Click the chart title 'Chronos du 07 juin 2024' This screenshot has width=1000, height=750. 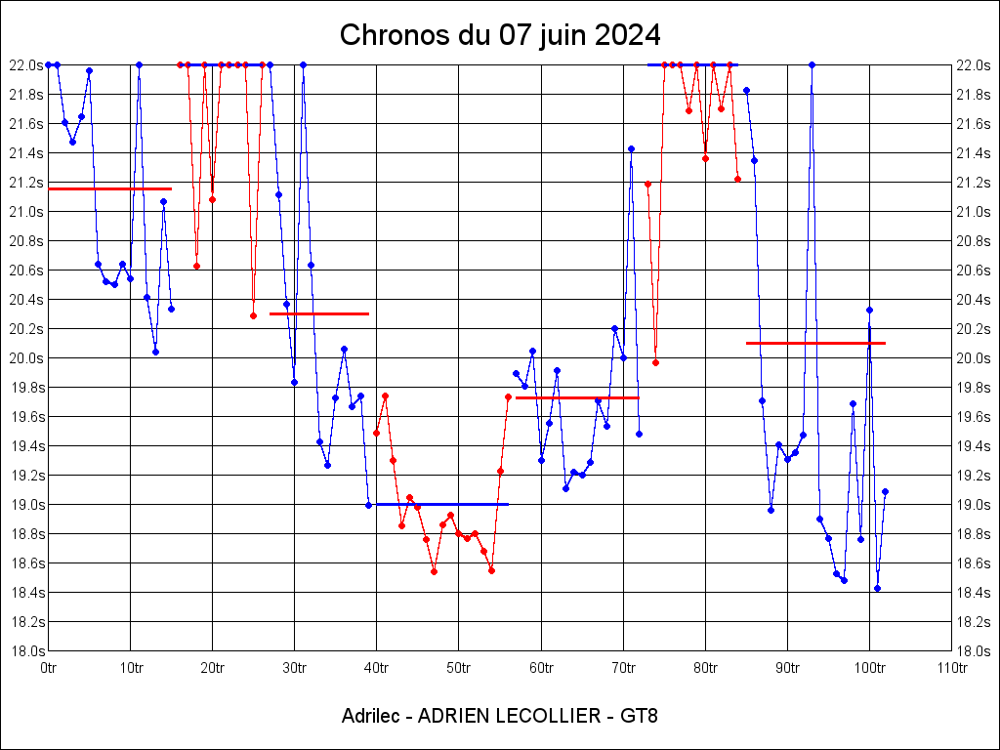(x=499, y=35)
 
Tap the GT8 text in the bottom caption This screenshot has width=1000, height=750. (x=639, y=716)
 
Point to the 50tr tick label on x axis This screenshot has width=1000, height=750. (x=459, y=668)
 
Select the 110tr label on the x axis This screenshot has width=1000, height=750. (x=951, y=668)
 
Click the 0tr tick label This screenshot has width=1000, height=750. (x=49, y=668)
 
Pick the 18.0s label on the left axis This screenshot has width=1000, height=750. (x=26, y=650)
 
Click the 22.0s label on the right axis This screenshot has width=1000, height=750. (x=974, y=64)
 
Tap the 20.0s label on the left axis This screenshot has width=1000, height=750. (x=26, y=357)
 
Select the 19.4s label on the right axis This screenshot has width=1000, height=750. (x=974, y=445)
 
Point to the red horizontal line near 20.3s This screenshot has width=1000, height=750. (x=319, y=313)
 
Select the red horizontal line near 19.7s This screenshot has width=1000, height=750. (x=577, y=397)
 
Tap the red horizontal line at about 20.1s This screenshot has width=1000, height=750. (x=815, y=343)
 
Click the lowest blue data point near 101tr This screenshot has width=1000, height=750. (x=877, y=588)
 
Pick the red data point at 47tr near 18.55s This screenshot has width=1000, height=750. (x=434, y=571)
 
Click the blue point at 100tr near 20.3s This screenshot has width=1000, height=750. (x=869, y=310)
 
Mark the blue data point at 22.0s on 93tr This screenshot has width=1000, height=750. (x=812, y=64)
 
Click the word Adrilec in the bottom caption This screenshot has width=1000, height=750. (x=369, y=716)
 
